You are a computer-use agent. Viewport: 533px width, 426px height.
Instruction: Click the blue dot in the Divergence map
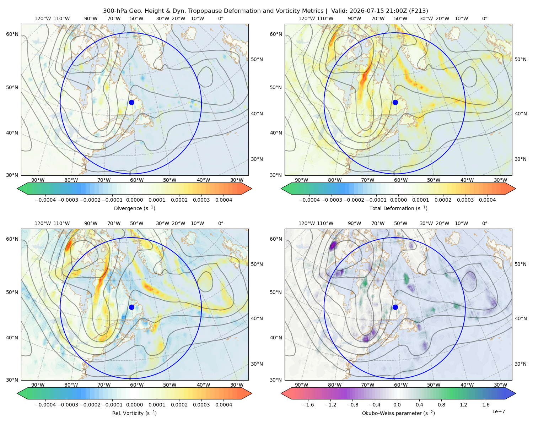[x=131, y=102]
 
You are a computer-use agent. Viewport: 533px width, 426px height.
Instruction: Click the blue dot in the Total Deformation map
[x=395, y=102]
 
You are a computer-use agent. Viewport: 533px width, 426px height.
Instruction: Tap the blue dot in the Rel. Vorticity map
[x=131, y=307]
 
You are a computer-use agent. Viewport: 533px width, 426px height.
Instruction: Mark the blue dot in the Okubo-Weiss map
[x=395, y=307]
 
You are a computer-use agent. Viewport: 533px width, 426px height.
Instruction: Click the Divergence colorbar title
[x=134, y=208]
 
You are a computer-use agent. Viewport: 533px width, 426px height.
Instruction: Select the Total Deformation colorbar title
[x=398, y=208]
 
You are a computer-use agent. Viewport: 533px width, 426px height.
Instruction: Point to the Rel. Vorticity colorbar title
[x=134, y=413]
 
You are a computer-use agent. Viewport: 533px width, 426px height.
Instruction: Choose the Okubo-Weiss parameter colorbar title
[x=398, y=413]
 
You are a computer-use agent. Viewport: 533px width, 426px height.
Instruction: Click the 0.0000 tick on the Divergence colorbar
[x=134, y=200]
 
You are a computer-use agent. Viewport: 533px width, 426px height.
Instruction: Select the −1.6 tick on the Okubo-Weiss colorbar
[x=308, y=405]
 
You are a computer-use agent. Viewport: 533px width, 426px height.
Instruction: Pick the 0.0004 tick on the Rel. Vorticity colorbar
[x=224, y=405]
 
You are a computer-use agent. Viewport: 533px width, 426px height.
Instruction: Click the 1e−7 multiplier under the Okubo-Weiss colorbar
[x=498, y=411]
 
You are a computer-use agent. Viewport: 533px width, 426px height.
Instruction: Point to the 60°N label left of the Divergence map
[x=12, y=34]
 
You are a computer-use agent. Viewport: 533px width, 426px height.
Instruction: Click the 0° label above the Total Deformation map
[x=484, y=18]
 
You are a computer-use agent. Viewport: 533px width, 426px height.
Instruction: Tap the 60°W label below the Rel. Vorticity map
[x=137, y=385]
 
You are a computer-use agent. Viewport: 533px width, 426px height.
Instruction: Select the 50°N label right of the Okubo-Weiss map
[x=520, y=264]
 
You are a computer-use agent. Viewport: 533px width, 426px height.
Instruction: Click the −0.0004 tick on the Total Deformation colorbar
[x=309, y=200]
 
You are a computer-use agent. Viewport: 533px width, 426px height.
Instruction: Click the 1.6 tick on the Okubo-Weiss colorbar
[x=486, y=405]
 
